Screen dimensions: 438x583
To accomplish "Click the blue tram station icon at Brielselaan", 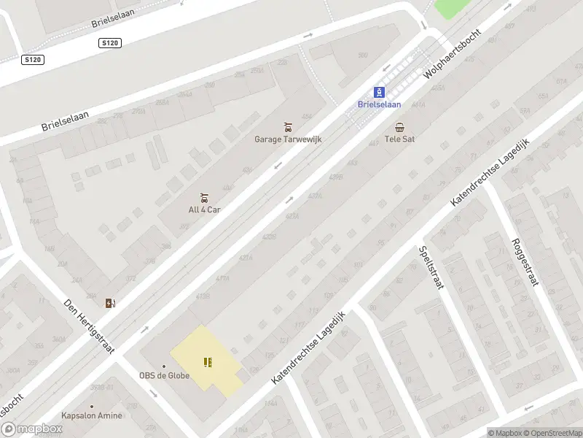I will click(379, 92).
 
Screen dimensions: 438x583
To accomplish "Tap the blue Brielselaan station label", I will click(379, 104).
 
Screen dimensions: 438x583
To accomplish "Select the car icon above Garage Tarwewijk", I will click(288, 127).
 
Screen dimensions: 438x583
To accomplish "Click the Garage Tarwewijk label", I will click(288, 139).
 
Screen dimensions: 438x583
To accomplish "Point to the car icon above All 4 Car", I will click(204, 198).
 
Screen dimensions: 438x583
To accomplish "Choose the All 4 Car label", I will click(204, 210).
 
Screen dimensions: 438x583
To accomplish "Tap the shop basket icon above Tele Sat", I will click(399, 127).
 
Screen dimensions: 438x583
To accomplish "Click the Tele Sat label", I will click(399, 139).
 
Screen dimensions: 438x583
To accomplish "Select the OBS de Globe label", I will click(165, 376).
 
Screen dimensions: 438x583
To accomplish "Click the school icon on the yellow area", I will click(208, 362).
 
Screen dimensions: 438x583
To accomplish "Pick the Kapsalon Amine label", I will click(92, 415).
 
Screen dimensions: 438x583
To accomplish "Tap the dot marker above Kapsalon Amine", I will click(92, 406).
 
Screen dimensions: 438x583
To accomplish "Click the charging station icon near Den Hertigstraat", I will click(110, 303).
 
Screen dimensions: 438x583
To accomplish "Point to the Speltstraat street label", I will click(431, 268).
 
